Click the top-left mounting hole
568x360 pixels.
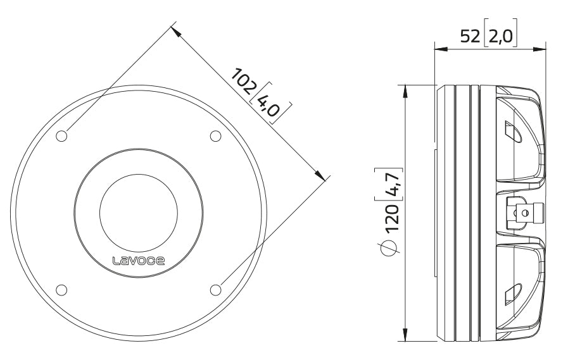click(x=62, y=136)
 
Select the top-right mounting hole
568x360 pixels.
click(x=215, y=136)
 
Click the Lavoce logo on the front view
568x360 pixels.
click(x=139, y=259)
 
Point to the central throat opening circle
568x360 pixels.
click(x=139, y=213)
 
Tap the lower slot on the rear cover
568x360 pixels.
click(x=512, y=293)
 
